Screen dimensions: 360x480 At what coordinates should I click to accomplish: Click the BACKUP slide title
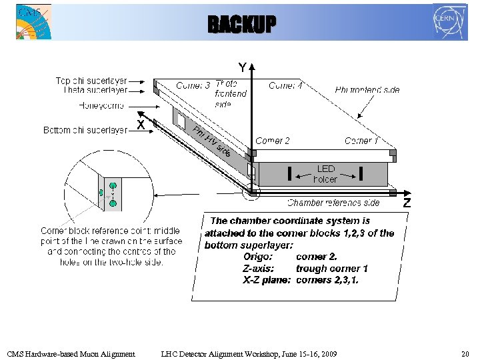pos(241,25)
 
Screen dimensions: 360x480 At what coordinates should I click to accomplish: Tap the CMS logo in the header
pos(34,21)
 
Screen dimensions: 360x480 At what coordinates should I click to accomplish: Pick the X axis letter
pos(141,124)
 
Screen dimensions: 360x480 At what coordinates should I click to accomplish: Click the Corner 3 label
pos(193,86)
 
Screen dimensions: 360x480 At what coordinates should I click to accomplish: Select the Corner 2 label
pos(273,141)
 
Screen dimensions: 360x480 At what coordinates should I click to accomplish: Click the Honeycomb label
pos(101,105)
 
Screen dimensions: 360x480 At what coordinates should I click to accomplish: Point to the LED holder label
pos(325,174)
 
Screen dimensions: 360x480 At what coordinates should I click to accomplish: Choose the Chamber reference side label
pos(333,203)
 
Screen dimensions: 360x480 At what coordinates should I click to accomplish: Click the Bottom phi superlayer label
pos(85,130)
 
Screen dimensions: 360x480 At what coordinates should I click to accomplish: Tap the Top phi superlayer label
pos(91,81)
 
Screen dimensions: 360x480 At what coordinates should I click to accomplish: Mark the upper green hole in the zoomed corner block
pos(113,186)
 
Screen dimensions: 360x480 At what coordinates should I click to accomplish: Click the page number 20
pos(465,353)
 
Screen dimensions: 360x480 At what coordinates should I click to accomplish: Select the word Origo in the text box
pos(257,257)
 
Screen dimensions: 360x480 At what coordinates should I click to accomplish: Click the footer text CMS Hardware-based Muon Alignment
pos(71,353)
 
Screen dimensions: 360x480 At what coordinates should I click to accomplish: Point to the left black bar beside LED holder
pos(289,174)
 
